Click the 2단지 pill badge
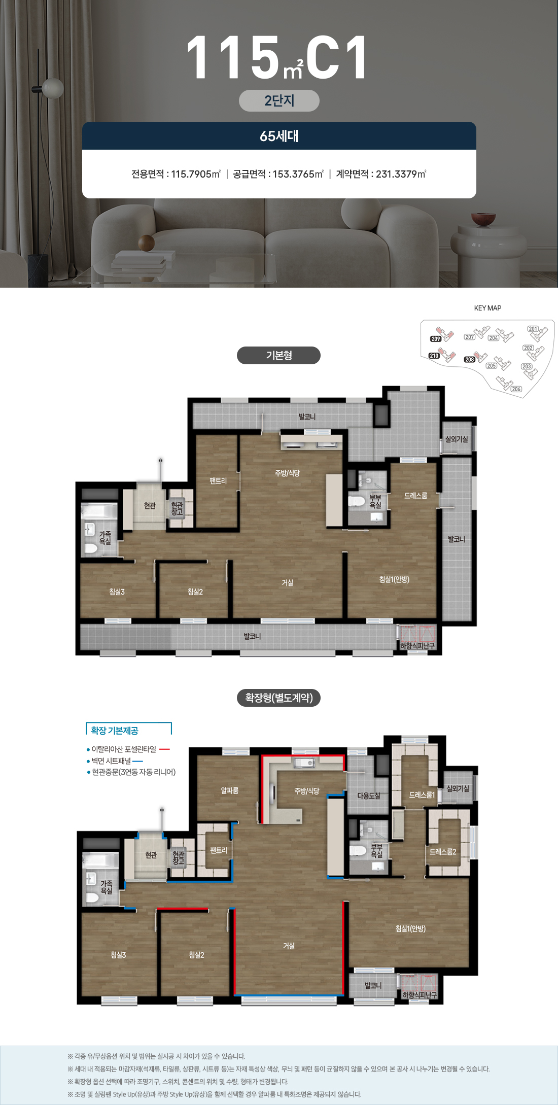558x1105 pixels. (x=279, y=100)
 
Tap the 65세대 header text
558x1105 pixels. (x=279, y=136)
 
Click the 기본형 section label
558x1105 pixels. (x=278, y=355)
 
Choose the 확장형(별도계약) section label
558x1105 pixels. (x=278, y=698)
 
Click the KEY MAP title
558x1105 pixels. (x=487, y=308)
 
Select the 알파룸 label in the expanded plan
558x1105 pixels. (x=229, y=790)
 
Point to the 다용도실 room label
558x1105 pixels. (x=369, y=796)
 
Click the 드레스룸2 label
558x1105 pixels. (x=442, y=852)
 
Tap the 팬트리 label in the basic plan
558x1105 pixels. (x=218, y=480)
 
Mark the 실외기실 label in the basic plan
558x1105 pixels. (x=457, y=439)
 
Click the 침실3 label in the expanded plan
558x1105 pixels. (x=118, y=955)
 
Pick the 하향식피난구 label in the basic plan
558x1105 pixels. (x=417, y=646)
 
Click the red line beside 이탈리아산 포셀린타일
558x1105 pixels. (x=164, y=749)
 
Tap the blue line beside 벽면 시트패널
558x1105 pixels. (x=137, y=761)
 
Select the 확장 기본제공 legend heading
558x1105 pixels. (x=115, y=731)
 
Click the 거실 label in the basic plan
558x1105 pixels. (x=288, y=583)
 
